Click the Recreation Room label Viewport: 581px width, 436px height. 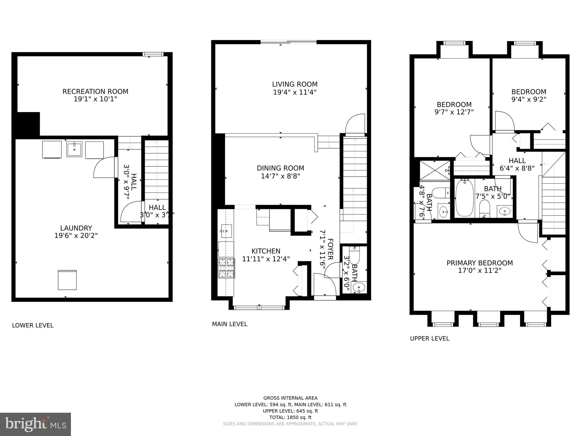pyautogui.click(x=95, y=92)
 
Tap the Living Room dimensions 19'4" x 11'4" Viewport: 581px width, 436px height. pyautogui.click(x=295, y=92)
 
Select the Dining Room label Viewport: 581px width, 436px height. pyautogui.click(x=280, y=168)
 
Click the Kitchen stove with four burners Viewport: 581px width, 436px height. pyautogui.click(x=226, y=268)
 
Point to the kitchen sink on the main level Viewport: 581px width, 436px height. pyautogui.click(x=226, y=231)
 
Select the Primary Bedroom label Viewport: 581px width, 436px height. pyautogui.click(x=480, y=263)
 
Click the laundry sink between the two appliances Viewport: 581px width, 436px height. pyautogui.click(x=74, y=149)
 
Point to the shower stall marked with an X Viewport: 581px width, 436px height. pyautogui.click(x=435, y=170)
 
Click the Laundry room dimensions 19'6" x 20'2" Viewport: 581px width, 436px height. pyautogui.click(x=76, y=236)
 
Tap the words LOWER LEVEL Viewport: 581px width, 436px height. pyautogui.click(x=33, y=326)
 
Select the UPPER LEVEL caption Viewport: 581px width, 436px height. pyautogui.click(x=430, y=338)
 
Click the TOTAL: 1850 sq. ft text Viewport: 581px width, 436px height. pyautogui.click(x=290, y=417)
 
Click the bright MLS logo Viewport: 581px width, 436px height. pyautogui.click(x=35, y=424)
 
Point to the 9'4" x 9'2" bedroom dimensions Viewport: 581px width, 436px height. pyautogui.click(x=529, y=100)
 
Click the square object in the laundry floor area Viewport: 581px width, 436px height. pyautogui.click(x=67, y=280)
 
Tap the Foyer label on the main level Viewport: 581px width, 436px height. pyautogui.click(x=330, y=249)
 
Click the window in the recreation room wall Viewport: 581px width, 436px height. pyautogui.click(x=153, y=54)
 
